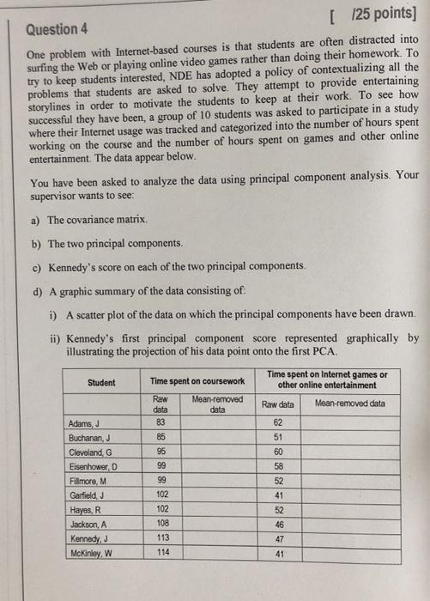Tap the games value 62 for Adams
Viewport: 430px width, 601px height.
277,422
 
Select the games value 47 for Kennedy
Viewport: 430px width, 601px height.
278,537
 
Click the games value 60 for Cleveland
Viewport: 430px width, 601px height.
278,451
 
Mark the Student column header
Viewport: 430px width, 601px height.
101,382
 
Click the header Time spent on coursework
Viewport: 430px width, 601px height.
197,380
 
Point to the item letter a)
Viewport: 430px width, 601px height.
35,221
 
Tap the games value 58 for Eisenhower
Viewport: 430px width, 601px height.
278,465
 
